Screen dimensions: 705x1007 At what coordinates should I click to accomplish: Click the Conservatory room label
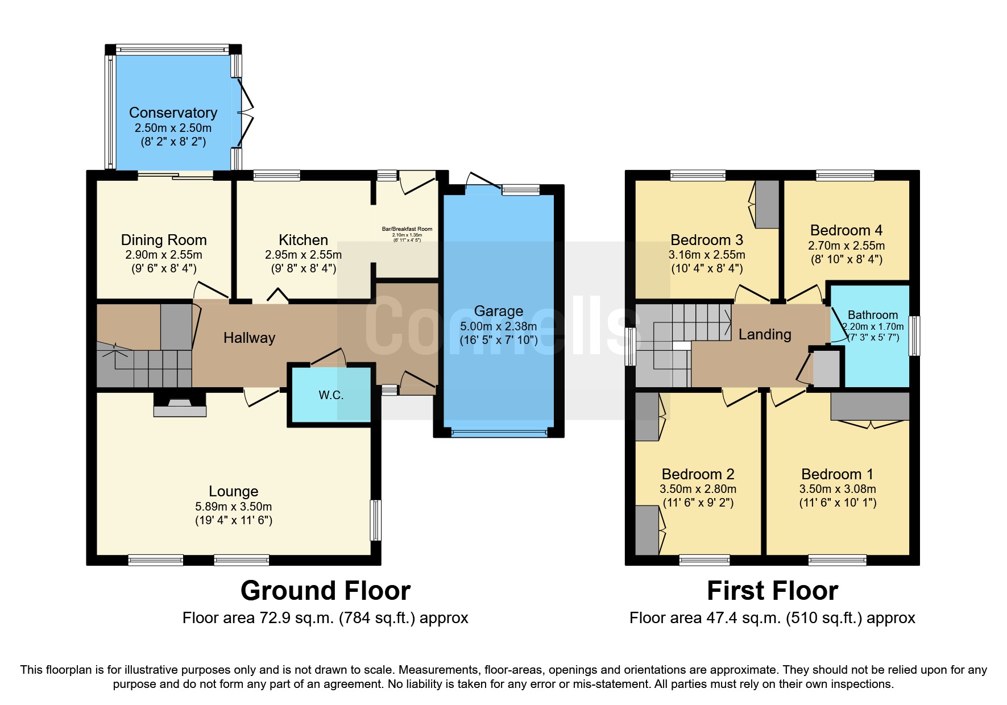point(173,113)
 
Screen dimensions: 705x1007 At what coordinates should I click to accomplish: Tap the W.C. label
point(331,395)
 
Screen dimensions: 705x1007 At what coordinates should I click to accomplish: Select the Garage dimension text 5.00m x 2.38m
point(498,326)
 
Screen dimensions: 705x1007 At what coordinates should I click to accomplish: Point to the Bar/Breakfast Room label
point(407,229)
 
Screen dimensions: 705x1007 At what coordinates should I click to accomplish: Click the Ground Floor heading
point(325,591)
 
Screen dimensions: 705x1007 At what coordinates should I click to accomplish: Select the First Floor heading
point(772,591)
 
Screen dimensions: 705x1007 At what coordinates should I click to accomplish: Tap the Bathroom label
point(872,315)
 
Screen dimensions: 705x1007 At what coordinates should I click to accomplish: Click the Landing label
point(765,334)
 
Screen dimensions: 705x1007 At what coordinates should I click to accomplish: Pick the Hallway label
point(249,338)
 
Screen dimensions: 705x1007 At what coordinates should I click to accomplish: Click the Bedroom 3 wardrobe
point(767,204)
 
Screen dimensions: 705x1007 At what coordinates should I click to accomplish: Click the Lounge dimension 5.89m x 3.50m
point(233,506)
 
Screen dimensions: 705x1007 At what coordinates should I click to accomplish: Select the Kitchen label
point(303,240)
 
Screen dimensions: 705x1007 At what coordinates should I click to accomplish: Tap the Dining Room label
point(164,240)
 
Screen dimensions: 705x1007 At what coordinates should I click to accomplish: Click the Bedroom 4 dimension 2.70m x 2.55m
point(846,246)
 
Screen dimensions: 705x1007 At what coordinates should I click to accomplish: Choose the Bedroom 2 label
point(698,474)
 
